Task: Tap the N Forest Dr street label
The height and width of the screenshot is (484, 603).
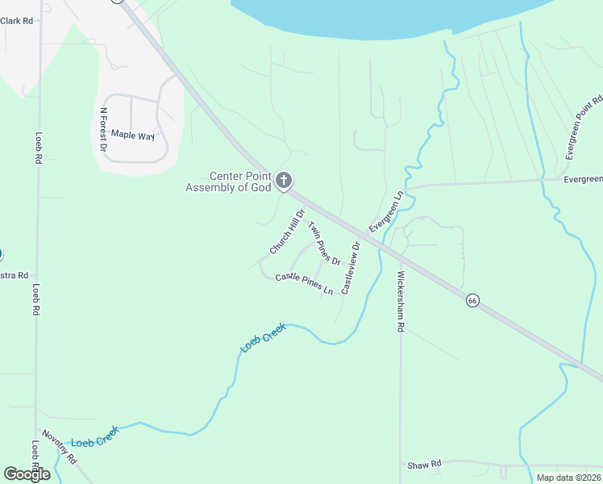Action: click(103, 130)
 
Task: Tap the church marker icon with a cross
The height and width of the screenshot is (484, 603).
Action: click(283, 181)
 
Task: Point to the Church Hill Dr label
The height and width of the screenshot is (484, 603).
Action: click(288, 232)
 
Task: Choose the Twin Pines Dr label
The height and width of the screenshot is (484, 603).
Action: click(324, 244)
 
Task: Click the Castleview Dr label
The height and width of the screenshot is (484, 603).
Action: click(350, 268)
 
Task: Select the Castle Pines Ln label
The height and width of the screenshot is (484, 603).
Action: click(305, 284)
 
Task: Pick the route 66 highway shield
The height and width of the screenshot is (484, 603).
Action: click(472, 300)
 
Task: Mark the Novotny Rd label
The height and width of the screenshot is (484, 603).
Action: click(60, 445)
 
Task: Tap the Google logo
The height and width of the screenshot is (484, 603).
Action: click(27, 474)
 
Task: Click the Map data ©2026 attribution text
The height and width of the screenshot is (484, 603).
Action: click(568, 478)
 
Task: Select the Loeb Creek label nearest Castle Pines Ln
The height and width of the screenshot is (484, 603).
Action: click(264, 337)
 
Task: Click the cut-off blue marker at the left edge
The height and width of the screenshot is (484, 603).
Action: click(1, 254)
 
